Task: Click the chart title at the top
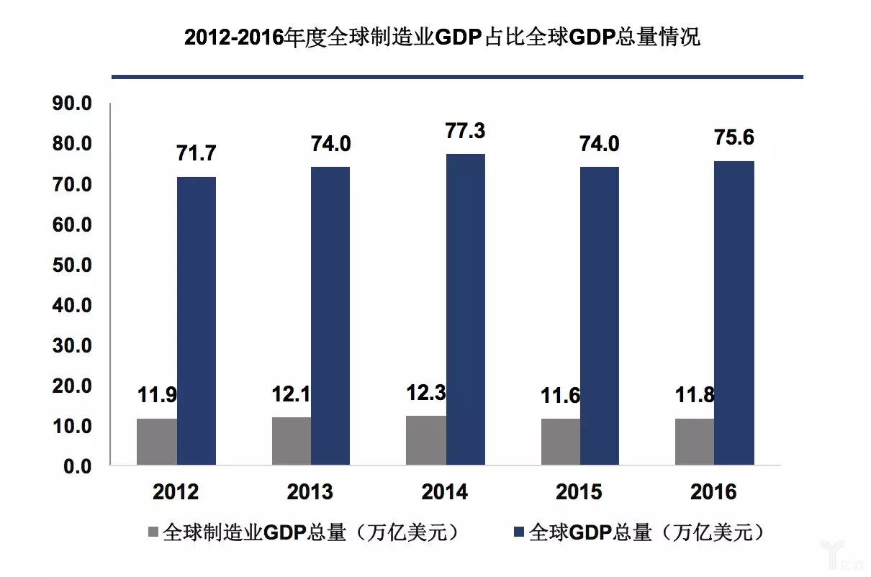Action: tap(442, 38)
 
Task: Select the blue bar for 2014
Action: tap(465, 309)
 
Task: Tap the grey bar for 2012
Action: tap(156, 442)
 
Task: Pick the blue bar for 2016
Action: tap(734, 313)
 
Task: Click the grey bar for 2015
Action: tap(560, 442)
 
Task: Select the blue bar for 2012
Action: tap(197, 321)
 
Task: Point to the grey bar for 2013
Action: tap(292, 441)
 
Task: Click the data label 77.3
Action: tap(465, 131)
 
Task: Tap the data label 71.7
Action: tap(196, 153)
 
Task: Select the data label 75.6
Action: tap(734, 137)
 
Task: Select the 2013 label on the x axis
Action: tap(310, 492)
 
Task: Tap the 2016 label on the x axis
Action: tap(713, 492)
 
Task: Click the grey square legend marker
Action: tap(153, 533)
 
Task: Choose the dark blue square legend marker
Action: tap(519, 533)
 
